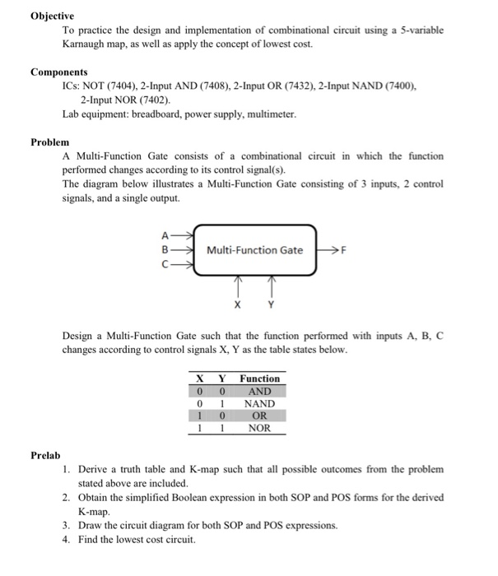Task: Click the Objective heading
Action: [x=52, y=16]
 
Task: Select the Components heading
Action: [x=59, y=72]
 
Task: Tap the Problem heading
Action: [x=49, y=142]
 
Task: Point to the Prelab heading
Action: [x=46, y=454]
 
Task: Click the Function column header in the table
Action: [x=259, y=379]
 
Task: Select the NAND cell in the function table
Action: [x=259, y=403]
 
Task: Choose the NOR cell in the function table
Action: [x=259, y=428]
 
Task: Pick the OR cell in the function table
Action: [x=259, y=416]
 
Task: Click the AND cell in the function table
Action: [x=259, y=391]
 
